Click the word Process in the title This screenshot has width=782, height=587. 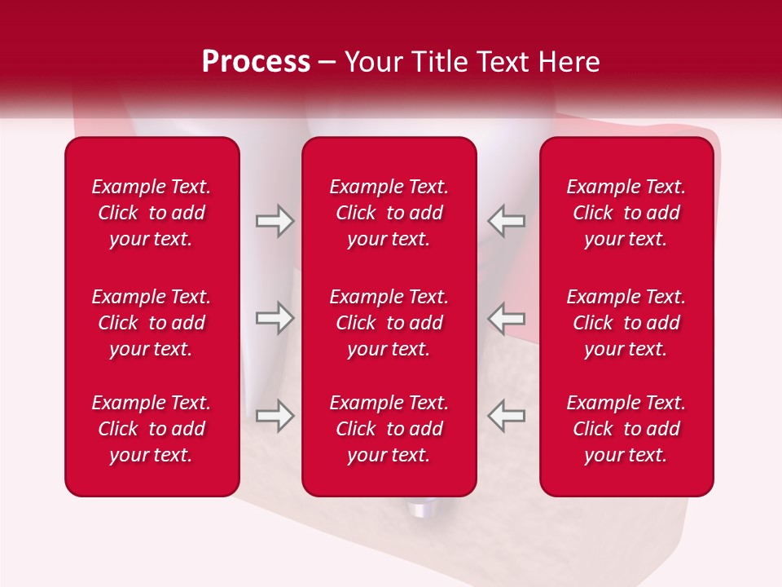click(x=256, y=62)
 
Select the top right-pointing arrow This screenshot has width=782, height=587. click(x=275, y=221)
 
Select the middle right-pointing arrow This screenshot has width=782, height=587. click(x=275, y=318)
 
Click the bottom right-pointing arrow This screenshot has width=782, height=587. click(x=275, y=415)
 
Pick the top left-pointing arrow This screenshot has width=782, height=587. click(x=506, y=221)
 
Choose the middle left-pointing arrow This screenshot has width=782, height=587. click(x=506, y=318)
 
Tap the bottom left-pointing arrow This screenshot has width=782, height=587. click(x=506, y=415)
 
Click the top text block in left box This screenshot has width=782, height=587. click(x=152, y=213)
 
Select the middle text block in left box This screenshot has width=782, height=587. click(x=152, y=323)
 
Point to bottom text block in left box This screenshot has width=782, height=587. click(x=152, y=429)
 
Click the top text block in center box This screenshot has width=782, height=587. click(x=389, y=213)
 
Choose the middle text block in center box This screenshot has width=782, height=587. click(x=389, y=323)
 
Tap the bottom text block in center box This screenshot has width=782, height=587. click(x=389, y=429)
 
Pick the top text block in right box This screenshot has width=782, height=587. click(x=626, y=213)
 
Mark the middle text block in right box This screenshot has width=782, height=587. click(x=626, y=323)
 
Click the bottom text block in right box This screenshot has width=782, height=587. click(x=626, y=429)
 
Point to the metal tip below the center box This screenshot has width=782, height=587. click(x=420, y=510)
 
